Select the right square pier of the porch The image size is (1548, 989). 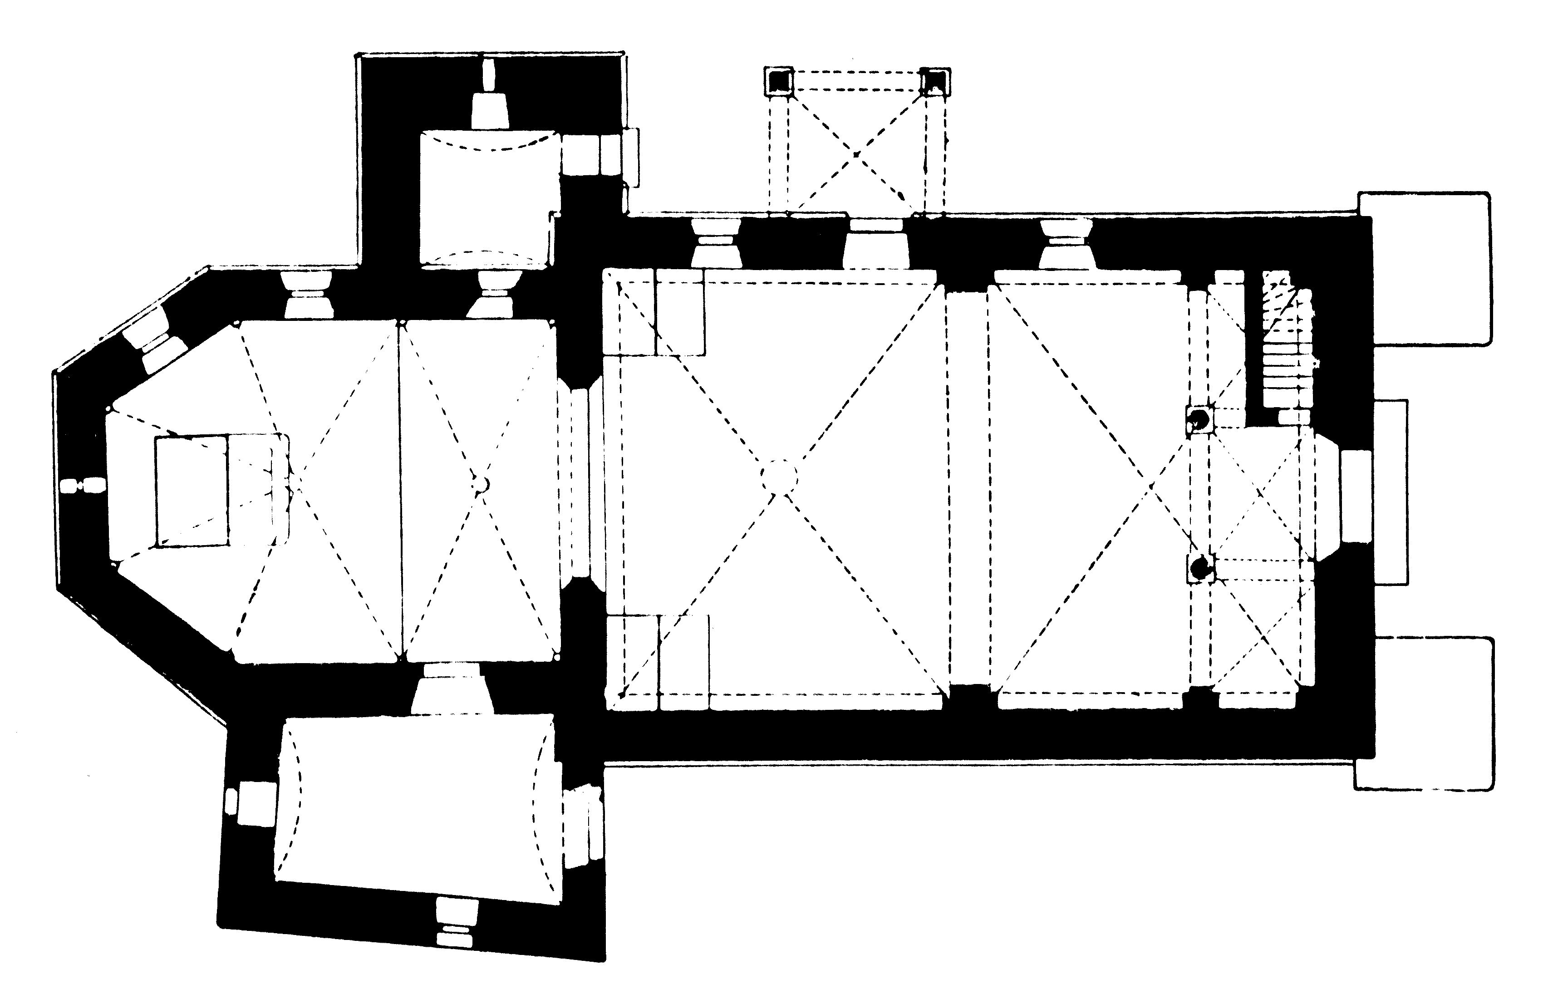pyautogui.click(x=935, y=82)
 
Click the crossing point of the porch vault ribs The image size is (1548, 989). pyautogui.click(x=856, y=154)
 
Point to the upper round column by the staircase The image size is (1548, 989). pyautogui.click(x=1199, y=420)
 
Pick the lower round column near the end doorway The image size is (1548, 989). pyautogui.click(x=1199, y=568)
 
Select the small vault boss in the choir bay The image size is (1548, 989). pyautogui.click(x=480, y=483)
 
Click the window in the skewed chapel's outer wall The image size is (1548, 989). pyautogui.click(x=457, y=923)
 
